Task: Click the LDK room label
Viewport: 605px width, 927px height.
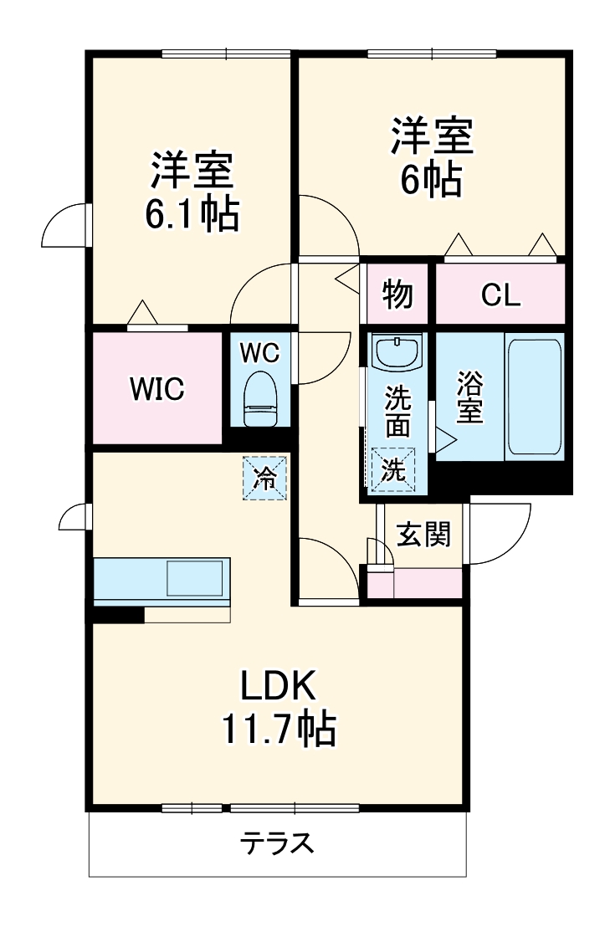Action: point(278,688)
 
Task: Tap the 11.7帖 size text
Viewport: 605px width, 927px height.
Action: point(278,730)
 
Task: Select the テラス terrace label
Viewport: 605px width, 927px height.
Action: point(278,842)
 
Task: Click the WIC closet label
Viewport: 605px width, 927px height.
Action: point(156,389)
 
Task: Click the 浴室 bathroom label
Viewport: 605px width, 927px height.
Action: point(469,397)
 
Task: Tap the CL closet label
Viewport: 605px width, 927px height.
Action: point(500,294)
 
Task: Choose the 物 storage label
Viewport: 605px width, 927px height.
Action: point(397,294)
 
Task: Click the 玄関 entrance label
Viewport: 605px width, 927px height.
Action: point(423,534)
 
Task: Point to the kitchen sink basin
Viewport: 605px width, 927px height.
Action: point(195,577)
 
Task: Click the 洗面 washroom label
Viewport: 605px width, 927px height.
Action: point(397,412)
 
